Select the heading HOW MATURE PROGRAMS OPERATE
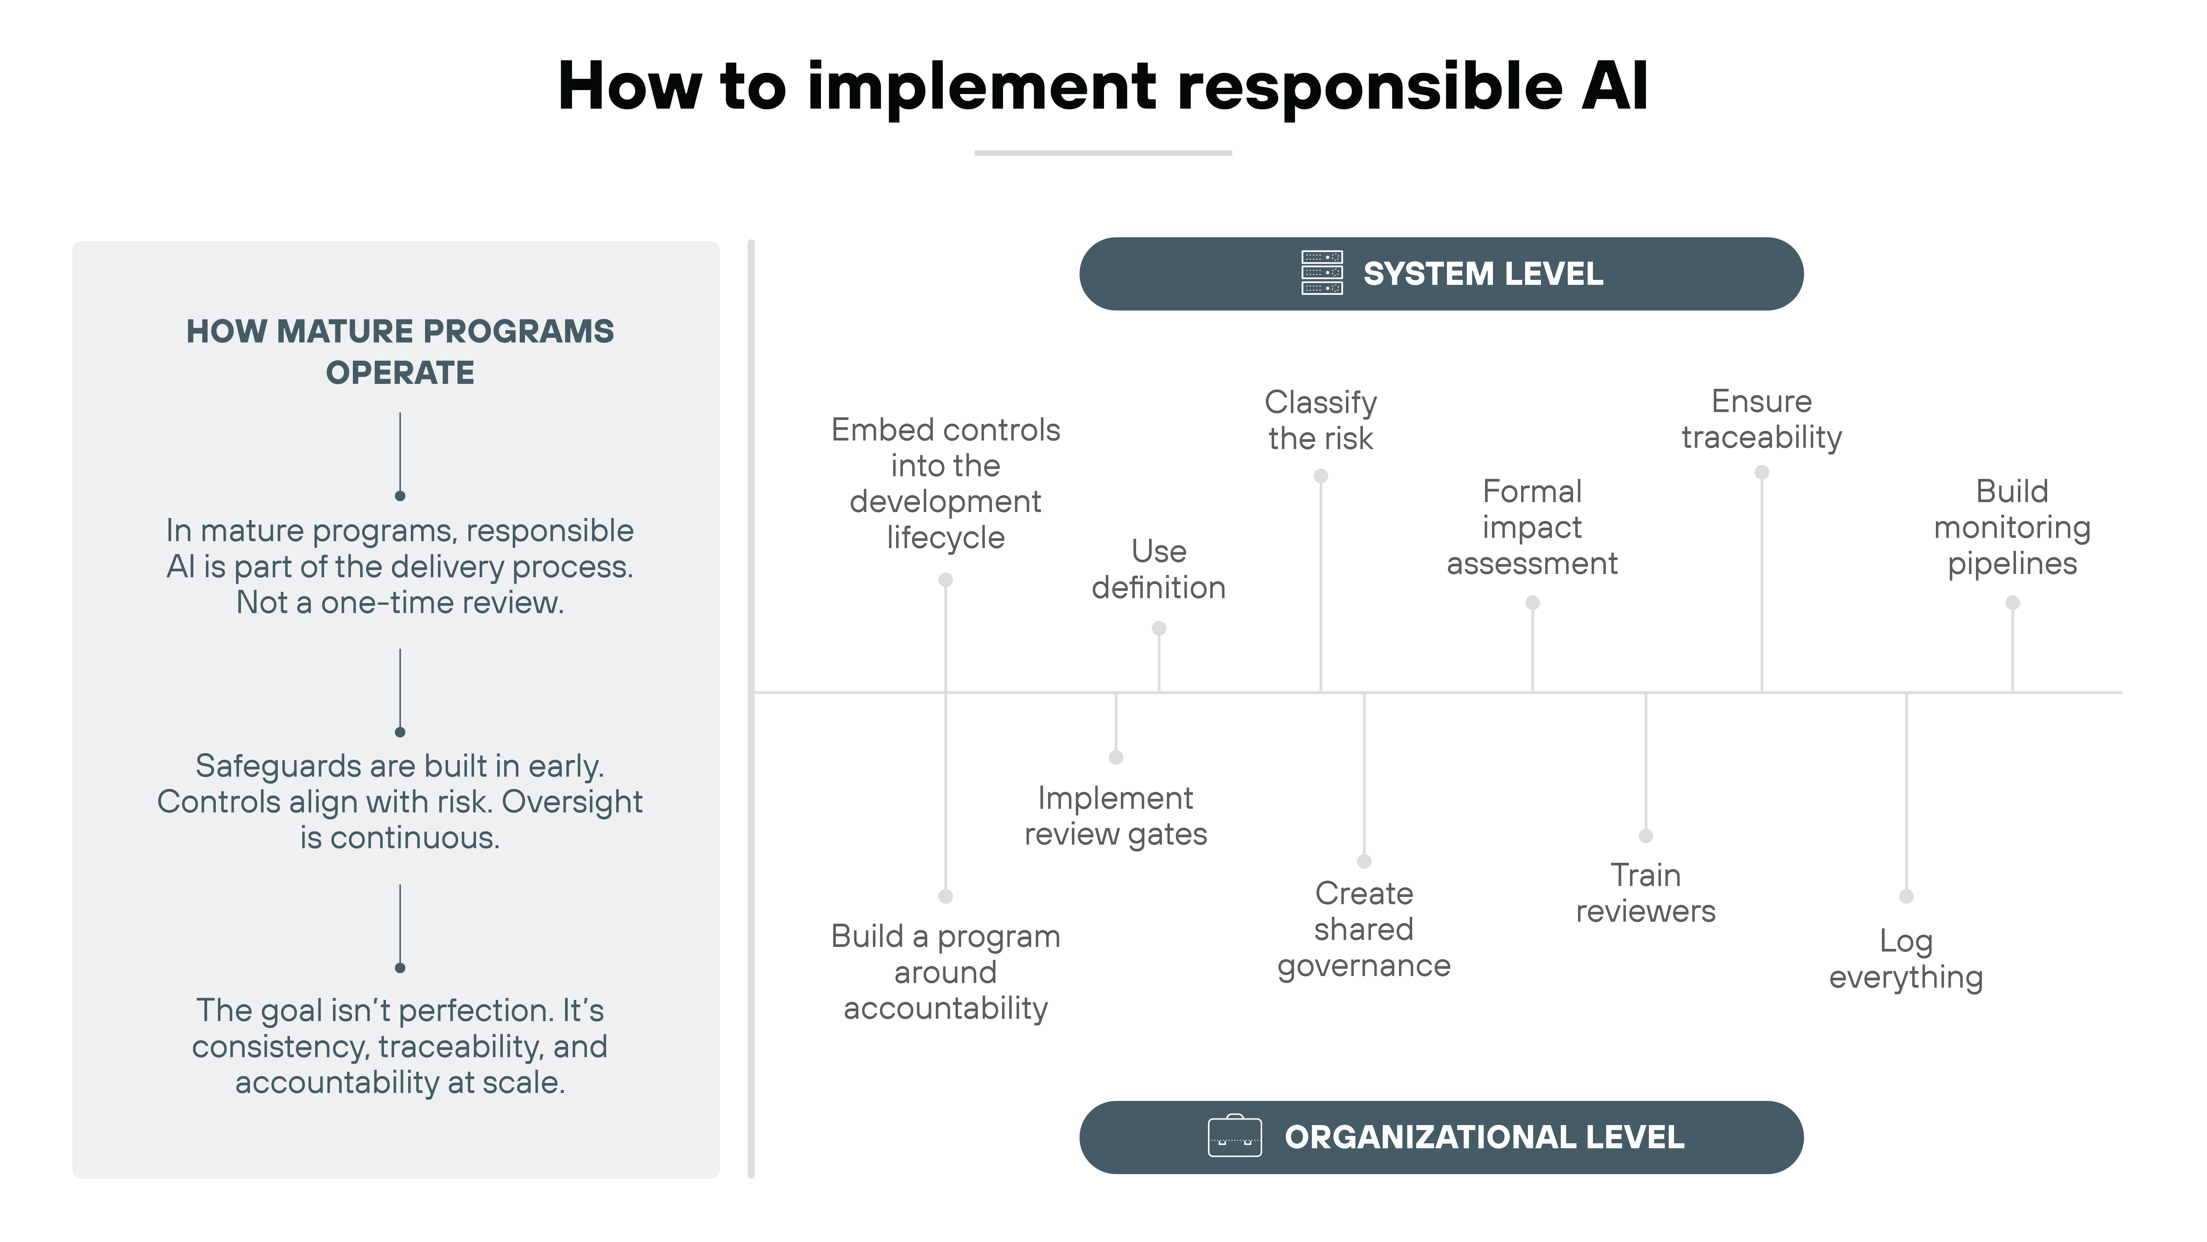tap(400, 351)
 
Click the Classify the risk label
tap(1320, 420)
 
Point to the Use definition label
tap(1158, 569)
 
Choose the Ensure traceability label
tap(1761, 419)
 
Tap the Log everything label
tap(1905, 959)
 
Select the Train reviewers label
tap(1645, 893)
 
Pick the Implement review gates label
tap(1116, 816)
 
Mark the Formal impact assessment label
tap(1532, 527)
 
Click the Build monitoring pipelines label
tap(2012, 527)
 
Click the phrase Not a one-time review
tap(400, 602)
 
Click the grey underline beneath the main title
tap(1103, 153)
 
